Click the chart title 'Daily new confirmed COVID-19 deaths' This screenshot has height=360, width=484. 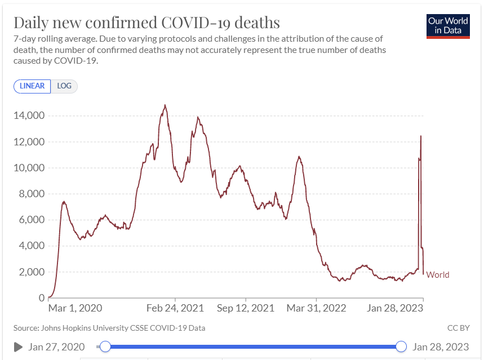tap(146, 23)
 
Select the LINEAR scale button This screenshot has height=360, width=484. tap(32, 86)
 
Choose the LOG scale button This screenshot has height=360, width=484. tap(64, 86)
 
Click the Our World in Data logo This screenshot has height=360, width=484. tap(448, 25)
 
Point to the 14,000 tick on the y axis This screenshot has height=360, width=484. tap(29, 115)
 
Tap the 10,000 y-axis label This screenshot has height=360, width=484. tap(29, 168)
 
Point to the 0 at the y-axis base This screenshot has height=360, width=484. tap(41, 297)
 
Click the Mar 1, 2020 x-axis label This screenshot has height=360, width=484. tap(76, 308)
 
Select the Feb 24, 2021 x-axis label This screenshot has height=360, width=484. tap(175, 308)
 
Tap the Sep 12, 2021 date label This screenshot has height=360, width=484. tap(246, 308)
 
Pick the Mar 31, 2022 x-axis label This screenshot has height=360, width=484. tap(317, 308)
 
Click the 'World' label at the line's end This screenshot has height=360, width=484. tap(438, 275)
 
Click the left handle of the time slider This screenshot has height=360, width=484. tap(105, 346)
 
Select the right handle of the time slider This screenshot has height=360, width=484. tap(401, 346)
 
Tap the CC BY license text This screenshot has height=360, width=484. tap(459, 327)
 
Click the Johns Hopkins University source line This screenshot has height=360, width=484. tap(109, 327)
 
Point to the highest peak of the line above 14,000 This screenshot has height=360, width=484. tap(165, 105)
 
